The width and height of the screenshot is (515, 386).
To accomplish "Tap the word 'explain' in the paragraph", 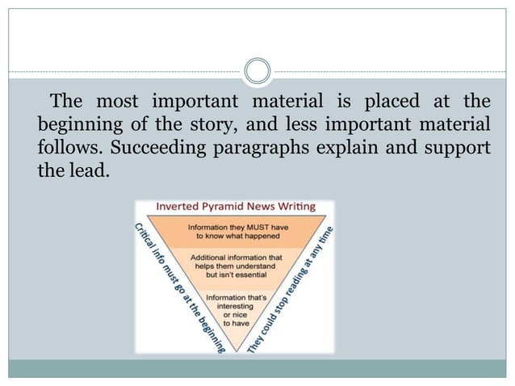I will click(360, 150).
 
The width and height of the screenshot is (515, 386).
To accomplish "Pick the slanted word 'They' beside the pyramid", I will click(255, 346).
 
